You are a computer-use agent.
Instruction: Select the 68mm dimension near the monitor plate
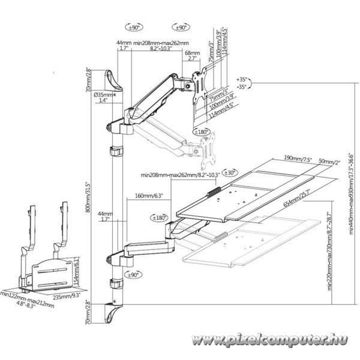pos(192,52)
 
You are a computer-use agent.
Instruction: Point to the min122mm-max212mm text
pos(28,298)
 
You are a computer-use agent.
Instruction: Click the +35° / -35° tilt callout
pos(242,83)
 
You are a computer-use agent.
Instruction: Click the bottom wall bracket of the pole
pos(114,311)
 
